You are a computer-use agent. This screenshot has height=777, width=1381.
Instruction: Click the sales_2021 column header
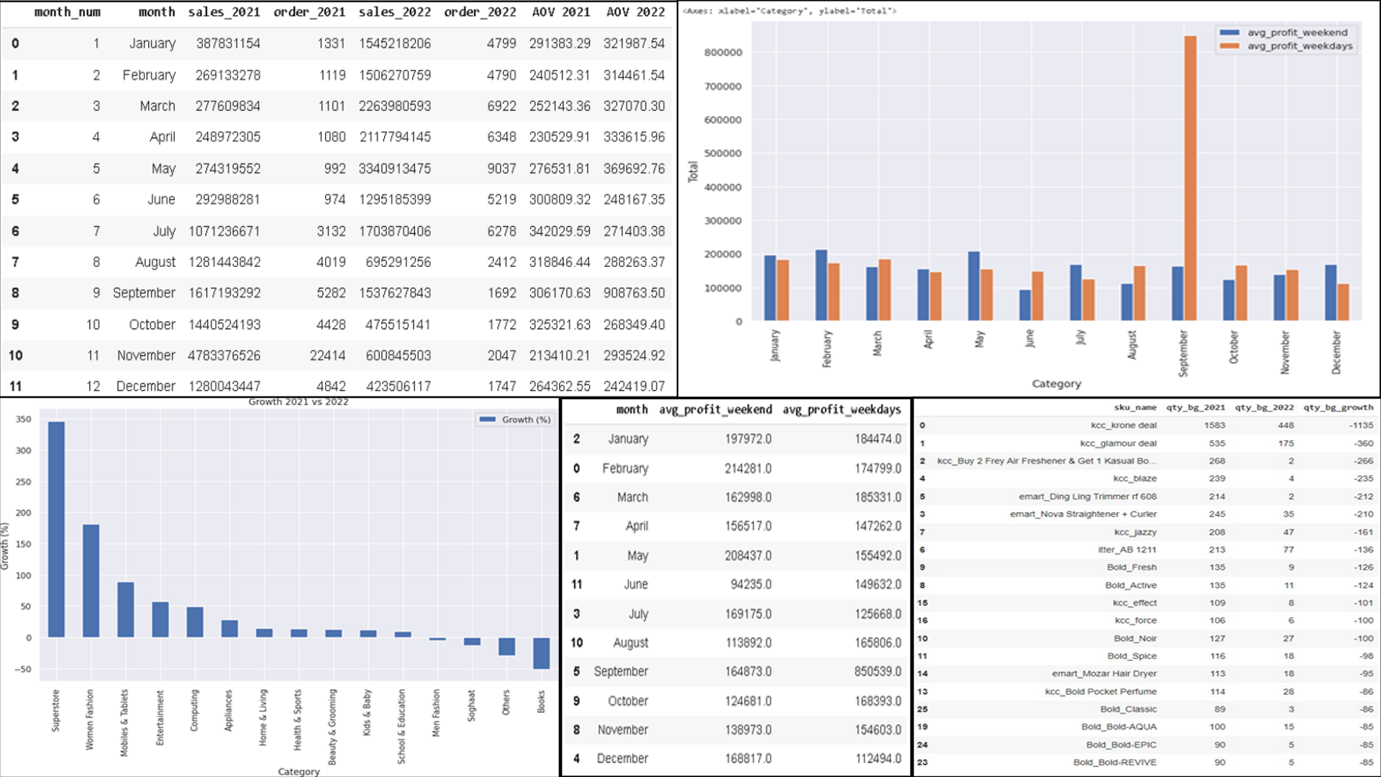(x=224, y=12)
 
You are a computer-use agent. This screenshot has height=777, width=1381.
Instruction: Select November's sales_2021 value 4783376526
(x=224, y=355)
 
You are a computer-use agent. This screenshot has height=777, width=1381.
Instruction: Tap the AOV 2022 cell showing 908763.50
(x=634, y=293)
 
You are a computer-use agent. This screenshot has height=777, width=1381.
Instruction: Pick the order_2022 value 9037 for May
(x=501, y=168)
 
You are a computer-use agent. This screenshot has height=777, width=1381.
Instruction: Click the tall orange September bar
(x=1190, y=180)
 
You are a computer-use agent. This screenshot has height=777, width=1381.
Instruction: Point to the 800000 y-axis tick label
(x=723, y=53)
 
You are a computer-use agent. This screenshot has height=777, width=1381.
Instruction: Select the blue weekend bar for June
(x=1025, y=305)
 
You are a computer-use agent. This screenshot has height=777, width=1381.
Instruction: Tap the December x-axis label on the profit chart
(x=1336, y=353)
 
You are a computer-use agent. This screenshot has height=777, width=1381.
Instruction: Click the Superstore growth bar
(x=56, y=529)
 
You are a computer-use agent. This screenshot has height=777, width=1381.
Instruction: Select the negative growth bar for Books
(x=541, y=653)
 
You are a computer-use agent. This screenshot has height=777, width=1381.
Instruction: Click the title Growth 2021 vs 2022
(x=298, y=401)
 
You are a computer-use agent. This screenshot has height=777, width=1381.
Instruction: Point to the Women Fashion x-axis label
(x=90, y=719)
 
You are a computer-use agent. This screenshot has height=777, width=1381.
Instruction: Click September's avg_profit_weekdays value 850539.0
(x=878, y=671)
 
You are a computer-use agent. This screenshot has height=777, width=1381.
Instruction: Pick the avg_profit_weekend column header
(x=715, y=409)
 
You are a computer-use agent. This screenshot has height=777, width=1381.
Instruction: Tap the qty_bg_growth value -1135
(x=1361, y=425)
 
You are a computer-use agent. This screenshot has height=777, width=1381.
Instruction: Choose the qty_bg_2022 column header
(x=1264, y=407)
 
